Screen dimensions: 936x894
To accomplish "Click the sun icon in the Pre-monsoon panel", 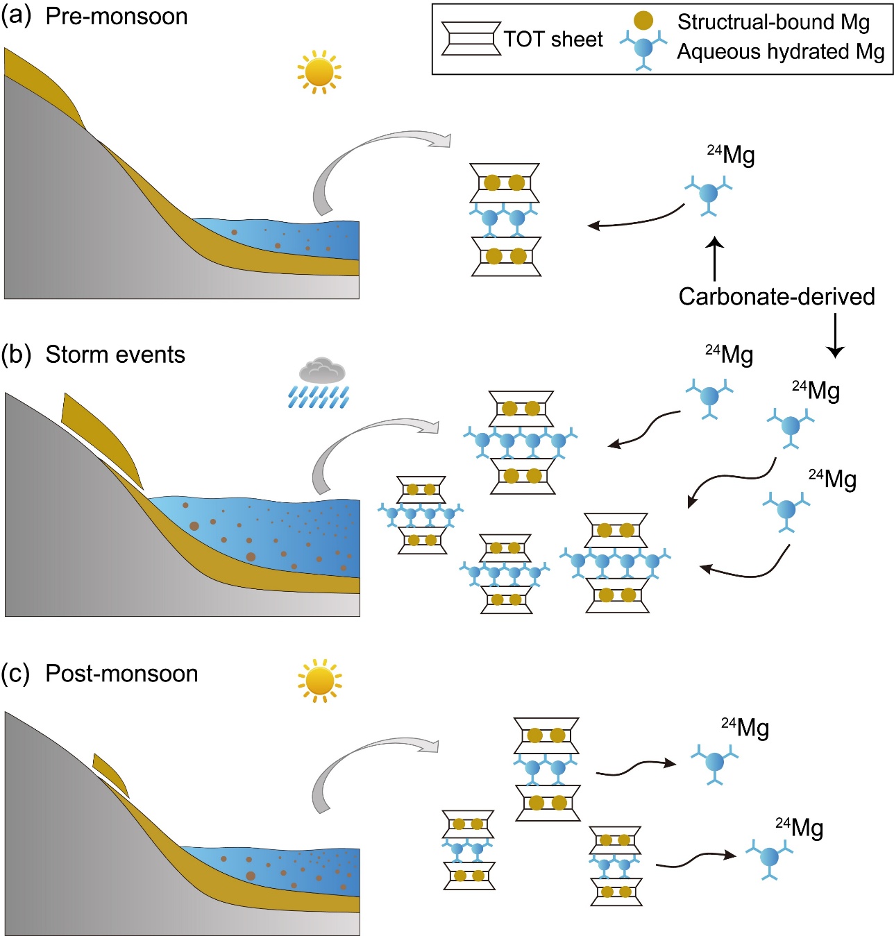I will click(x=319, y=71).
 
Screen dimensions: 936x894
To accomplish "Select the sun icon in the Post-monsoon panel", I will click(x=319, y=680).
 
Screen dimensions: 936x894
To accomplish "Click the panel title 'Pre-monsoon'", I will click(x=117, y=17).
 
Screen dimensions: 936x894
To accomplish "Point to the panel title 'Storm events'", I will click(x=115, y=355).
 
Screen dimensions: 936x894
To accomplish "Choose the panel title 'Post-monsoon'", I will click(x=121, y=674).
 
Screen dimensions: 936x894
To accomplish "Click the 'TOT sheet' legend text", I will click(x=553, y=40).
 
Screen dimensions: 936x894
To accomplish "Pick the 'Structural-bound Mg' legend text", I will click(x=773, y=22).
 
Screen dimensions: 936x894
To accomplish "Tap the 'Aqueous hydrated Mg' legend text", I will click(x=781, y=52).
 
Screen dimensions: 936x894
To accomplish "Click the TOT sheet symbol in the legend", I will click(x=471, y=39).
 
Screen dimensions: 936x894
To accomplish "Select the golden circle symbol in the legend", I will click(x=643, y=21).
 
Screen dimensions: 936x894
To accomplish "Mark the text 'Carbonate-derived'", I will click(x=777, y=296).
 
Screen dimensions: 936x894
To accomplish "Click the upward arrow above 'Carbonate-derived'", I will click(x=715, y=259).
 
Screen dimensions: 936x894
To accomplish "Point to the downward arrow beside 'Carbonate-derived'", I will click(x=835, y=335).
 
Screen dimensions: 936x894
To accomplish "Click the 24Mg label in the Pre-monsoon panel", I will click(x=731, y=155).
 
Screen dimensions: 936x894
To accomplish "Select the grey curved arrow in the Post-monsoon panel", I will click(x=354, y=763).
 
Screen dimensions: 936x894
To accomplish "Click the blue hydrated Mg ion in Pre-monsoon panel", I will click(x=709, y=194).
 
